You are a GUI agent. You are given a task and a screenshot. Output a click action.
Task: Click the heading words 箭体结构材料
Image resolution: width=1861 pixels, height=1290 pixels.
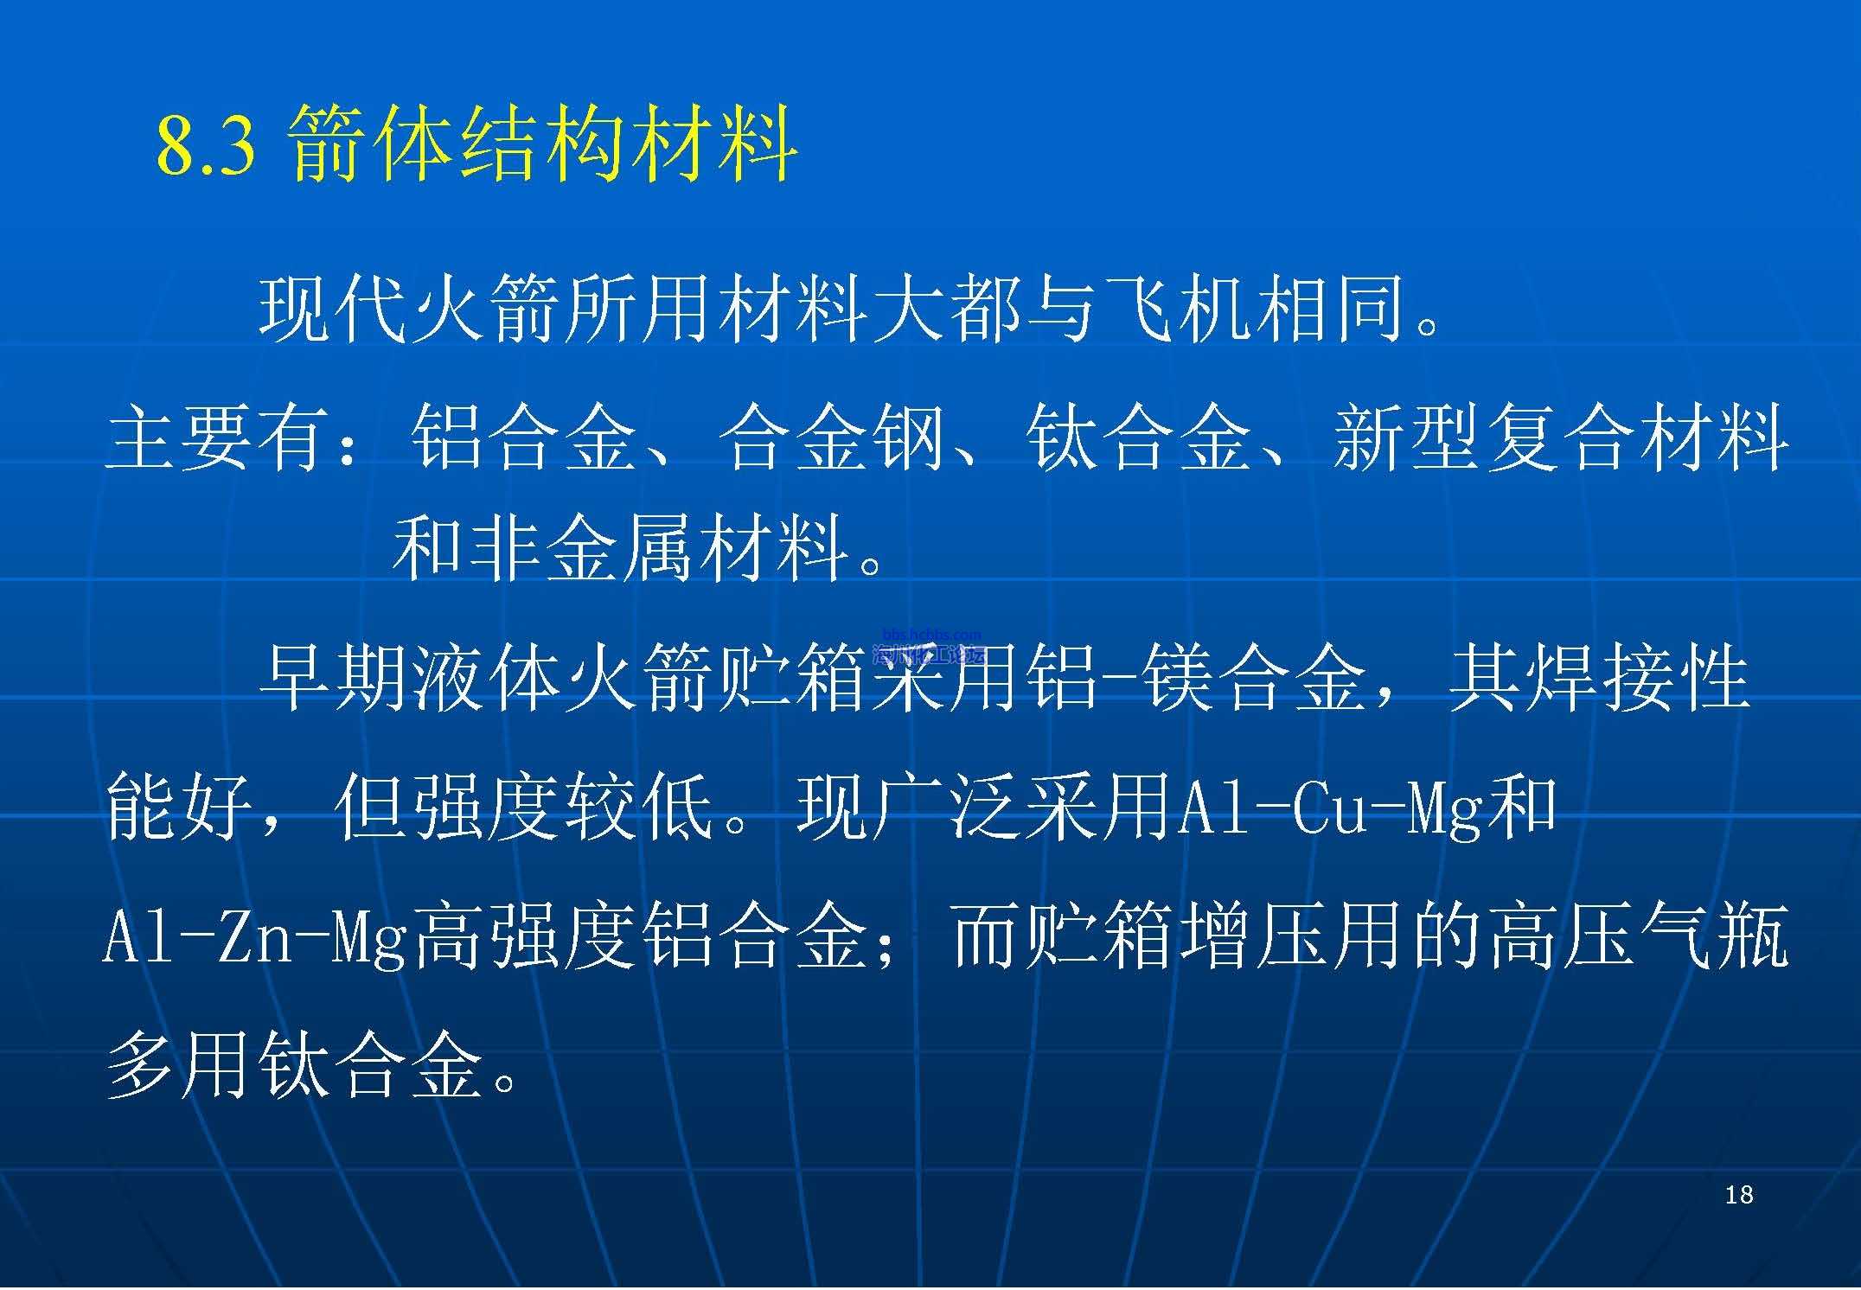(x=543, y=144)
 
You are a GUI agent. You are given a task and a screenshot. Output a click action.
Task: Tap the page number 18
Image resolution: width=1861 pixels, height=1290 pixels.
(x=1738, y=1194)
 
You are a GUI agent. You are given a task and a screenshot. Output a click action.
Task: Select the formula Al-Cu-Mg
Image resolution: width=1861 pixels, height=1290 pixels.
(x=1328, y=809)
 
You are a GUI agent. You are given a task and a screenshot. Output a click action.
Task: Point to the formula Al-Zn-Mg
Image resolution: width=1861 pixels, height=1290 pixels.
(x=256, y=937)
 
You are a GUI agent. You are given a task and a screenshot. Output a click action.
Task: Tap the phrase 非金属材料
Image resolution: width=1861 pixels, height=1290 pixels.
(x=659, y=547)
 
